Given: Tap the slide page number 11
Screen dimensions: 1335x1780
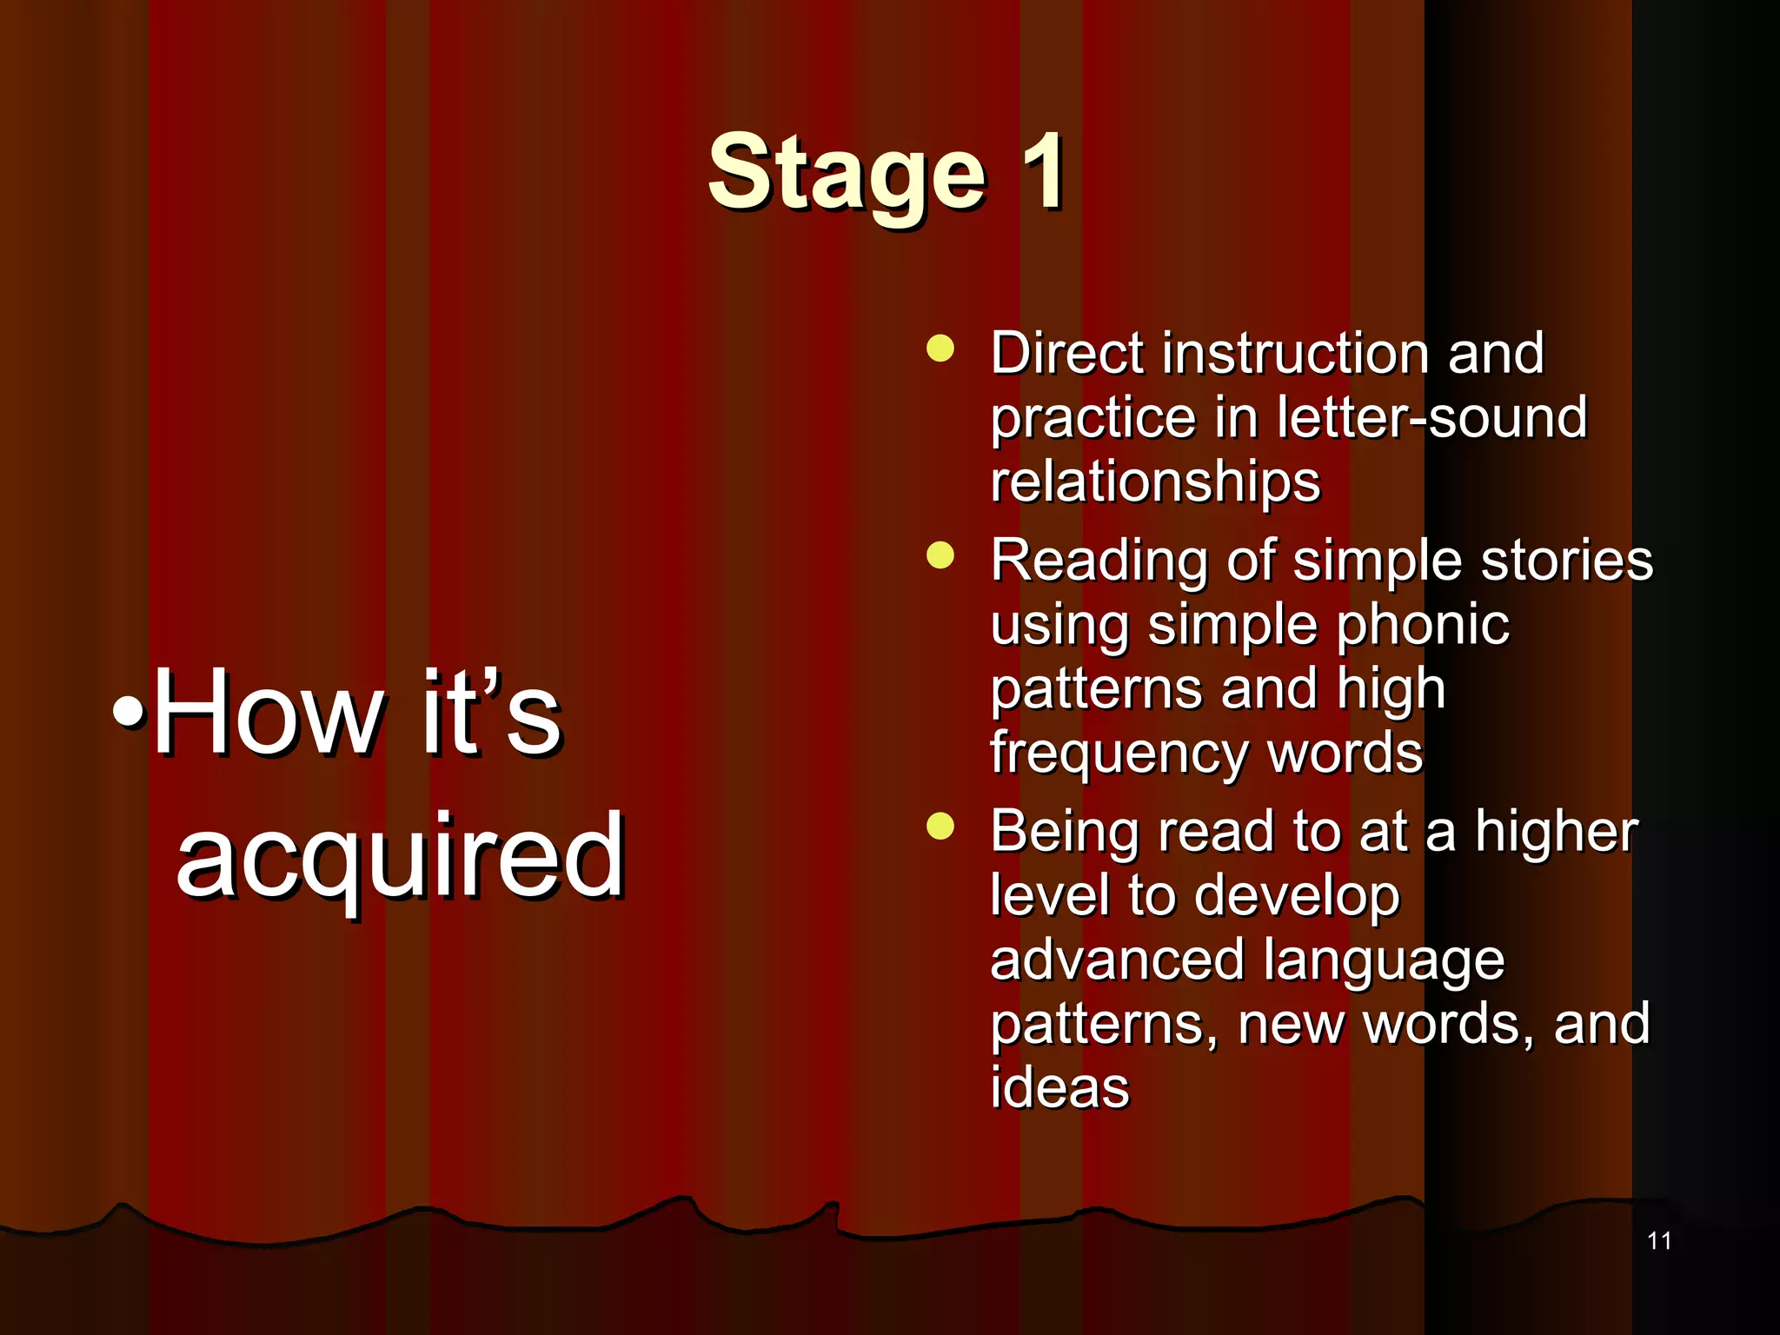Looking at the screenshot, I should [x=1658, y=1240].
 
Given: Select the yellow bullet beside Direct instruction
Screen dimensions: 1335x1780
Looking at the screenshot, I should [x=940, y=349].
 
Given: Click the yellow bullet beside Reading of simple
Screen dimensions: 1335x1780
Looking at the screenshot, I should [x=940, y=555].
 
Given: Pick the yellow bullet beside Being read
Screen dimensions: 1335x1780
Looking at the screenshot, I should [x=940, y=827].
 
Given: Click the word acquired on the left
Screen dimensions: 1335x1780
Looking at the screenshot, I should [x=400, y=856].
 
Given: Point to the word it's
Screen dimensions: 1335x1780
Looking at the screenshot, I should [x=491, y=714].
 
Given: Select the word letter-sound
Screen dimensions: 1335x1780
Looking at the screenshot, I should [x=1431, y=418].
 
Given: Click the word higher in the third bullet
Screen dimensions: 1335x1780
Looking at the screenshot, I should [x=1556, y=832].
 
